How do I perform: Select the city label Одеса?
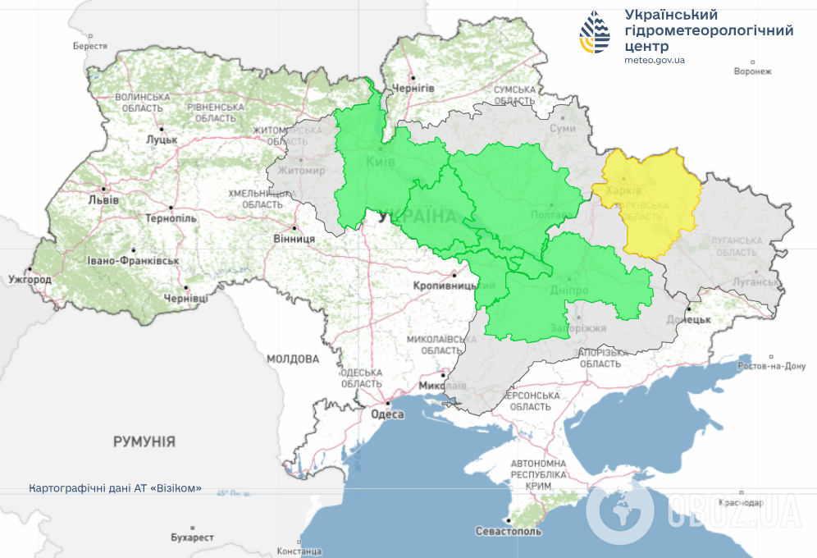coord(388,414)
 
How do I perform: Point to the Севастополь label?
coord(509,532)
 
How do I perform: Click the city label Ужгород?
coord(30,280)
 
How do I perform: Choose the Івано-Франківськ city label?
coord(134,260)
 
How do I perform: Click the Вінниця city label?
coord(294,239)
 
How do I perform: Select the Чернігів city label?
coord(413,87)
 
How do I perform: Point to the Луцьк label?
coord(162,139)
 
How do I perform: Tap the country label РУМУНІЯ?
coord(144,441)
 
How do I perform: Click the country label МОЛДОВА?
coord(292,359)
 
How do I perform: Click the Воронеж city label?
coord(753,71)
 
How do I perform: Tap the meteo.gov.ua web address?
coord(654,60)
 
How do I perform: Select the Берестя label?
coord(90,46)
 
